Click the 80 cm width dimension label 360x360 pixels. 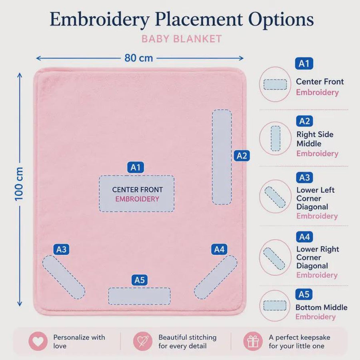pyautogui.click(x=139, y=58)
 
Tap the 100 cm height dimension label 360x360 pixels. pyautogui.click(x=19, y=184)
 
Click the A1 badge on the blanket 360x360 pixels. pyautogui.click(x=136, y=167)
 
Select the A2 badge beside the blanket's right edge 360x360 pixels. pyautogui.click(x=242, y=156)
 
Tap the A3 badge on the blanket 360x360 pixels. pyautogui.click(x=61, y=249)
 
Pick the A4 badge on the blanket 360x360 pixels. pyautogui.click(x=219, y=249)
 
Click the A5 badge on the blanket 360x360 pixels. pyautogui.click(x=140, y=280)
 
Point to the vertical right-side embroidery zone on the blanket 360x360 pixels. pyautogui.click(x=222, y=157)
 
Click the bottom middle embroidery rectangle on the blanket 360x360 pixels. pyautogui.click(x=139, y=296)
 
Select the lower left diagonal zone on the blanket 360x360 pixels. pyautogui.click(x=64, y=277)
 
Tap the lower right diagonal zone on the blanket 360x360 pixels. pyautogui.click(x=216, y=277)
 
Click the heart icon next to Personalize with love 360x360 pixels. pyautogui.click(x=38, y=341)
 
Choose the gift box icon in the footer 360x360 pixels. pyautogui.click(x=253, y=341)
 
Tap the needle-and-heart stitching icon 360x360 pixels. pyautogui.click(x=142, y=341)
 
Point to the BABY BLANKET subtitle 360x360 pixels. pyautogui.click(x=182, y=39)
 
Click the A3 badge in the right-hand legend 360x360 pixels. pyautogui.click(x=304, y=178)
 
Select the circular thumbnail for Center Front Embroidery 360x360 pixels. pyautogui.click(x=275, y=84)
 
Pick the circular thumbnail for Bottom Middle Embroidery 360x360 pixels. pyautogui.click(x=275, y=306)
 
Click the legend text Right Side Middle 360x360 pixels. pyautogui.click(x=315, y=139)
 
